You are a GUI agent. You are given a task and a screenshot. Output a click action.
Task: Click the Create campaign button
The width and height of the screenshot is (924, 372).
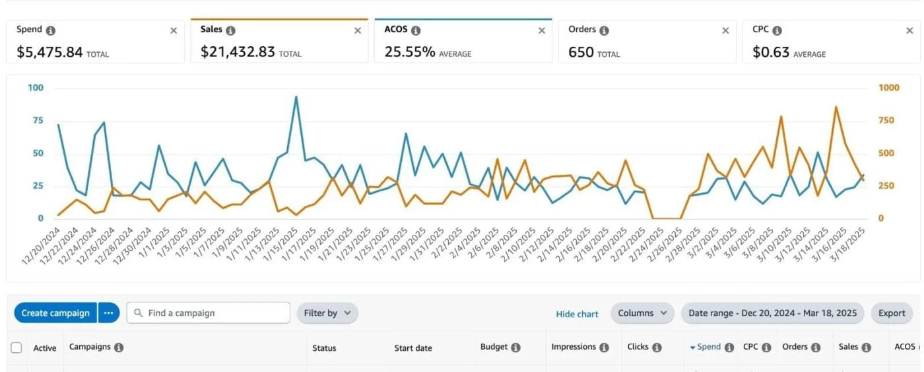pyautogui.click(x=55, y=313)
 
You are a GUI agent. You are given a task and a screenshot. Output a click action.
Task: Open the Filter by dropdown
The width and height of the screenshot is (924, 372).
pyautogui.click(x=327, y=313)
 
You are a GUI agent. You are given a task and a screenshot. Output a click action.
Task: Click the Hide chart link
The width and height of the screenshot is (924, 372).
pyautogui.click(x=577, y=314)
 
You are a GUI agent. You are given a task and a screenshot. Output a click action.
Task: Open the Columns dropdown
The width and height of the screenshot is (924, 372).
pyautogui.click(x=642, y=313)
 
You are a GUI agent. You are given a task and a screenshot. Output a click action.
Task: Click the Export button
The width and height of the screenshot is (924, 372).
pyautogui.click(x=892, y=313)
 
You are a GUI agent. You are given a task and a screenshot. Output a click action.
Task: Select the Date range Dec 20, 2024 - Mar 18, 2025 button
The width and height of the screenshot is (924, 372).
pyautogui.click(x=772, y=313)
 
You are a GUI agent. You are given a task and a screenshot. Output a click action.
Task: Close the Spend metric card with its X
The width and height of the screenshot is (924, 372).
pyautogui.click(x=174, y=30)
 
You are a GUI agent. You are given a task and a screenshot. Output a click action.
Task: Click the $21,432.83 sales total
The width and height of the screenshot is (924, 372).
pyautogui.click(x=238, y=52)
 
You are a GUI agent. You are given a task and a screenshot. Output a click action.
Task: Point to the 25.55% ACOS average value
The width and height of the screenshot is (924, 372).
pyautogui.click(x=410, y=52)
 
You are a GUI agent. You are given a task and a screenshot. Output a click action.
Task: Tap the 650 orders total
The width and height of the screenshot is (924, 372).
pyautogui.click(x=581, y=52)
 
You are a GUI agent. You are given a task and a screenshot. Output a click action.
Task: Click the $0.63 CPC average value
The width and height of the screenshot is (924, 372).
pyautogui.click(x=771, y=52)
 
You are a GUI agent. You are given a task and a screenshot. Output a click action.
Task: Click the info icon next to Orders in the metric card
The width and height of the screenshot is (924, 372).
pyautogui.click(x=604, y=30)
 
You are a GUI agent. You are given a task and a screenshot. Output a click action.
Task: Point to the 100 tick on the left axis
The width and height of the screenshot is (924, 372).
pyautogui.click(x=36, y=88)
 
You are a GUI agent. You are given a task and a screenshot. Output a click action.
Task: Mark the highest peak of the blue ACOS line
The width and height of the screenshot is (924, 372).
pyautogui.click(x=296, y=97)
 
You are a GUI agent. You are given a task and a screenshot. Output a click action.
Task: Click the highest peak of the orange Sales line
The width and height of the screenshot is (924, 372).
pyautogui.click(x=836, y=107)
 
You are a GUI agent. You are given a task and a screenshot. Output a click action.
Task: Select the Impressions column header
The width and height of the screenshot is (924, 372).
pyautogui.click(x=574, y=347)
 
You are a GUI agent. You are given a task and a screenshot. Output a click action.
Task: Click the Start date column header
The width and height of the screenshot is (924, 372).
pyautogui.click(x=413, y=348)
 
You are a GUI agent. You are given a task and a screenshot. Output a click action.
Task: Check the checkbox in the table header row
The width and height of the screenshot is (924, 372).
pyautogui.click(x=16, y=348)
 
